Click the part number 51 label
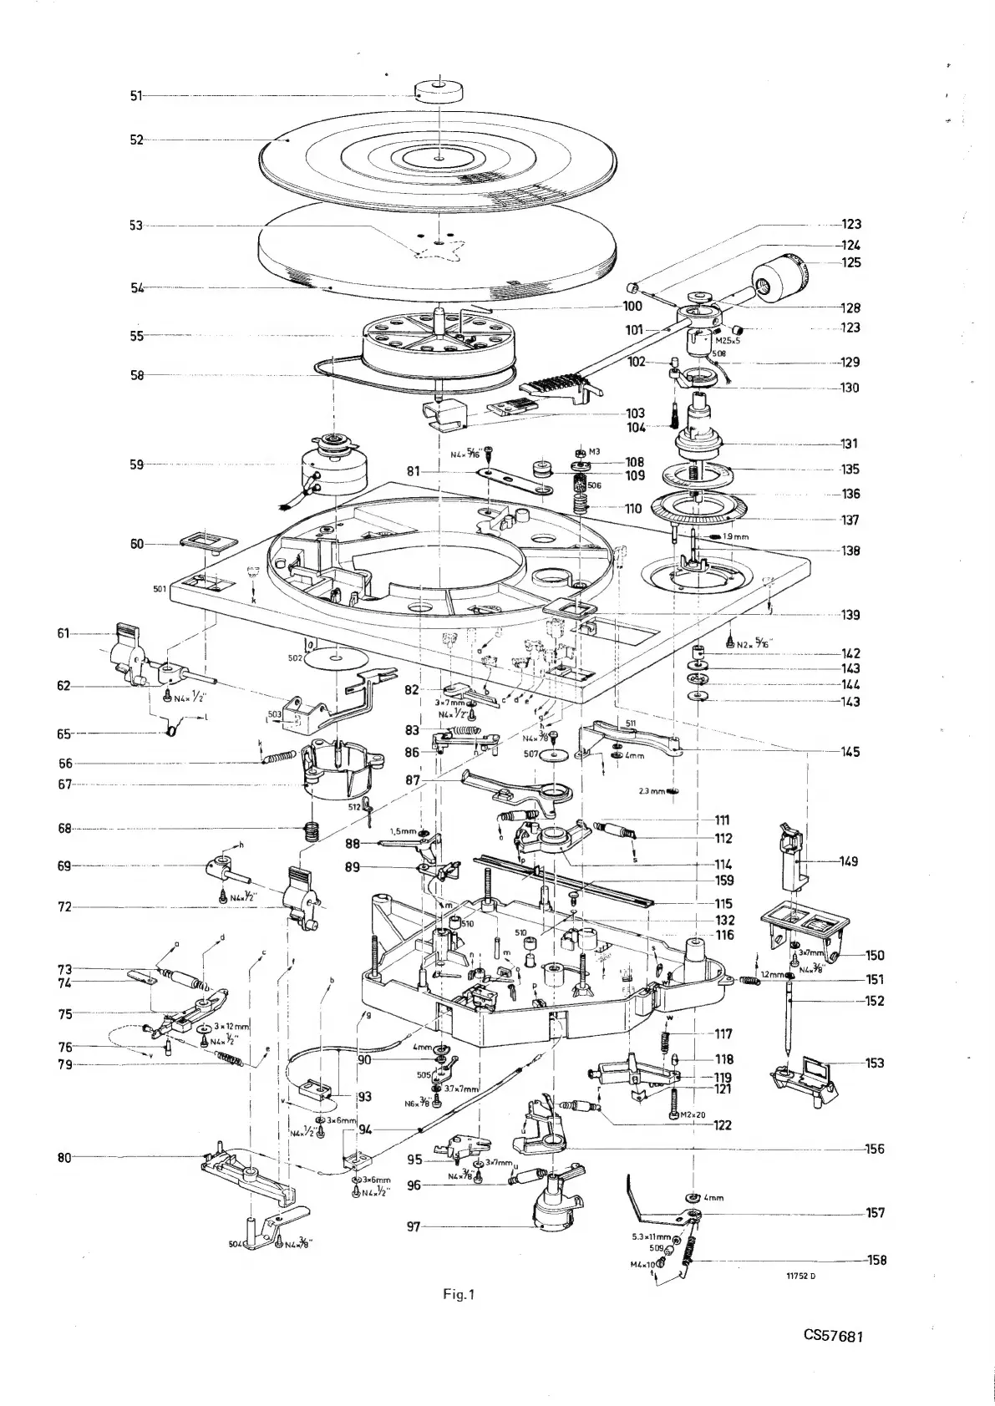coord(135,96)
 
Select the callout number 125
coord(851,262)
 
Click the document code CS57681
coord(833,1358)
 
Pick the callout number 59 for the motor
coord(135,464)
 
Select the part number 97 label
coord(415,1227)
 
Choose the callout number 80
coord(135,1157)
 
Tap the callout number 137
coord(851,520)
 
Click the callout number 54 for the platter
coord(135,288)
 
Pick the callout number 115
coord(723,904)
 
